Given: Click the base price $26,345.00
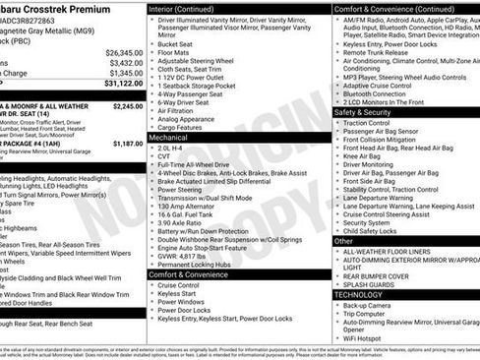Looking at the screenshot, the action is click(124, 52).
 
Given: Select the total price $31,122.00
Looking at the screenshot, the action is click(122, 84).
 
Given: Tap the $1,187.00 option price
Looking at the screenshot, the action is click(128, 144).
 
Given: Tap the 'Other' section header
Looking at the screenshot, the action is click(344, 240).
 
